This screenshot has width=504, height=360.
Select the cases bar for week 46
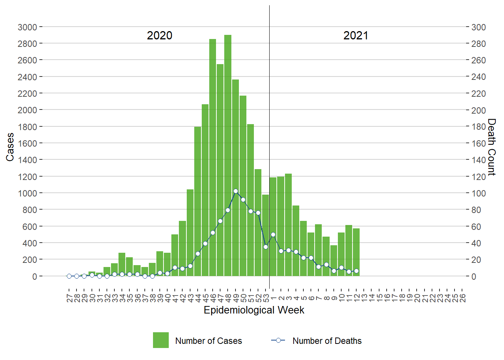[213, 157]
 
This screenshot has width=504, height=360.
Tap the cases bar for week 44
[198, 202]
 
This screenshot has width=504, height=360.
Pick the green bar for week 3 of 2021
[288, 225]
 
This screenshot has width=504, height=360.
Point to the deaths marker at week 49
[235, 191]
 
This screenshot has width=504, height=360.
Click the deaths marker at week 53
[265, 247]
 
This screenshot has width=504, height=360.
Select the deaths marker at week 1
[273, 234]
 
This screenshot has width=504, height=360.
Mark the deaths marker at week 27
[69, 276]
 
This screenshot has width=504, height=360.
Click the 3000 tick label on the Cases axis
[27, 27]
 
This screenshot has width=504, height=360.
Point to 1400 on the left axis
[27, 160]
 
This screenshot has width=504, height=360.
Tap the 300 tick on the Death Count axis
[478, 27]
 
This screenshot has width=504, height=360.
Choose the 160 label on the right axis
[478, 143]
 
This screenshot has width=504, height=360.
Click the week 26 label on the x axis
[462, 298]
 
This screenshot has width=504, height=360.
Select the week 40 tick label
[168, 298]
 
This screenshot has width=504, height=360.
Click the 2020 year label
[159, 36]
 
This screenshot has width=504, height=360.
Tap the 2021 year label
[355, 36]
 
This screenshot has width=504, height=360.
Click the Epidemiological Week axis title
[254, 310]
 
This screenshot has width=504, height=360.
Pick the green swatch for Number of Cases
[160, 340]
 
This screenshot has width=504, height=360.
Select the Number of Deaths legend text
[327, 341]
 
